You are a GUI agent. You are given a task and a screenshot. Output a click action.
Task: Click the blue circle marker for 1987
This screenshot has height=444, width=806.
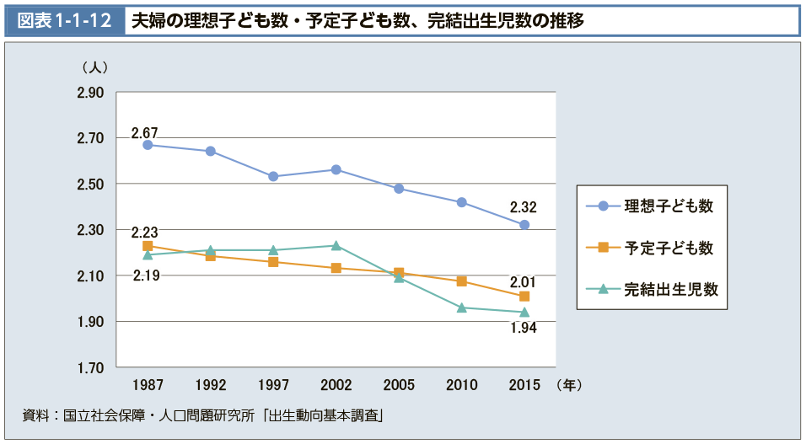(148, 145)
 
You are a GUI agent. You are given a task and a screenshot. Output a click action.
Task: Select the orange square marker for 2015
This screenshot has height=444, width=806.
(524, 297)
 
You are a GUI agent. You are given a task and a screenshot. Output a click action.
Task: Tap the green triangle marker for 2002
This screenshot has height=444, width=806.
(336, 246)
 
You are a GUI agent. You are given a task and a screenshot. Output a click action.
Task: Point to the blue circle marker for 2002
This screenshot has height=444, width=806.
(336, 169)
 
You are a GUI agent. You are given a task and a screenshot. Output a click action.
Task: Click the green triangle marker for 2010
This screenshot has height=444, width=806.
(462, 308)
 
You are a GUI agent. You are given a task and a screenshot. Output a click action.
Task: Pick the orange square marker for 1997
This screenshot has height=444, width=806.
(273, 262)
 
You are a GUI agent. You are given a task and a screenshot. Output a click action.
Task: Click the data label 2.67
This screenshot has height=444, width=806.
(144, 132)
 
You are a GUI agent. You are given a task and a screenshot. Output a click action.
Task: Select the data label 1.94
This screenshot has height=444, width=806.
(524, 328)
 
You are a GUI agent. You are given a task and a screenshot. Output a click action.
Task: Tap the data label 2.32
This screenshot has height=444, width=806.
(523, 207)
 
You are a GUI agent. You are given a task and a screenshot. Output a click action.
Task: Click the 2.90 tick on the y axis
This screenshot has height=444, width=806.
(90, 93)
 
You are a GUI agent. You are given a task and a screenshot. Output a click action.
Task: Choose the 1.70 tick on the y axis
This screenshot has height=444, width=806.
(90, 368)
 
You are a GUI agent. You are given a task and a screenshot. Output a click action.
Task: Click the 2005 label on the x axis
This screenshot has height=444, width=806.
(399, 385)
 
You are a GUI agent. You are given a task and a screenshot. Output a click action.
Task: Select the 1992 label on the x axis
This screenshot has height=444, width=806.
(211, 385)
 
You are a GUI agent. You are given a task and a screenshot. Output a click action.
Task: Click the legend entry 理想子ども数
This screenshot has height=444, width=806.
(669, 206)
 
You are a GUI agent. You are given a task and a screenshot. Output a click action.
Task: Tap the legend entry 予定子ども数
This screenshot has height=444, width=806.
(669, 248)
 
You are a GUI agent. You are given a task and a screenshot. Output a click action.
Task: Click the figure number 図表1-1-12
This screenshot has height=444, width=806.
(65, 20)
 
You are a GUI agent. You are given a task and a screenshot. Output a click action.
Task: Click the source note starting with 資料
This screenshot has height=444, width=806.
(203, 415)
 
